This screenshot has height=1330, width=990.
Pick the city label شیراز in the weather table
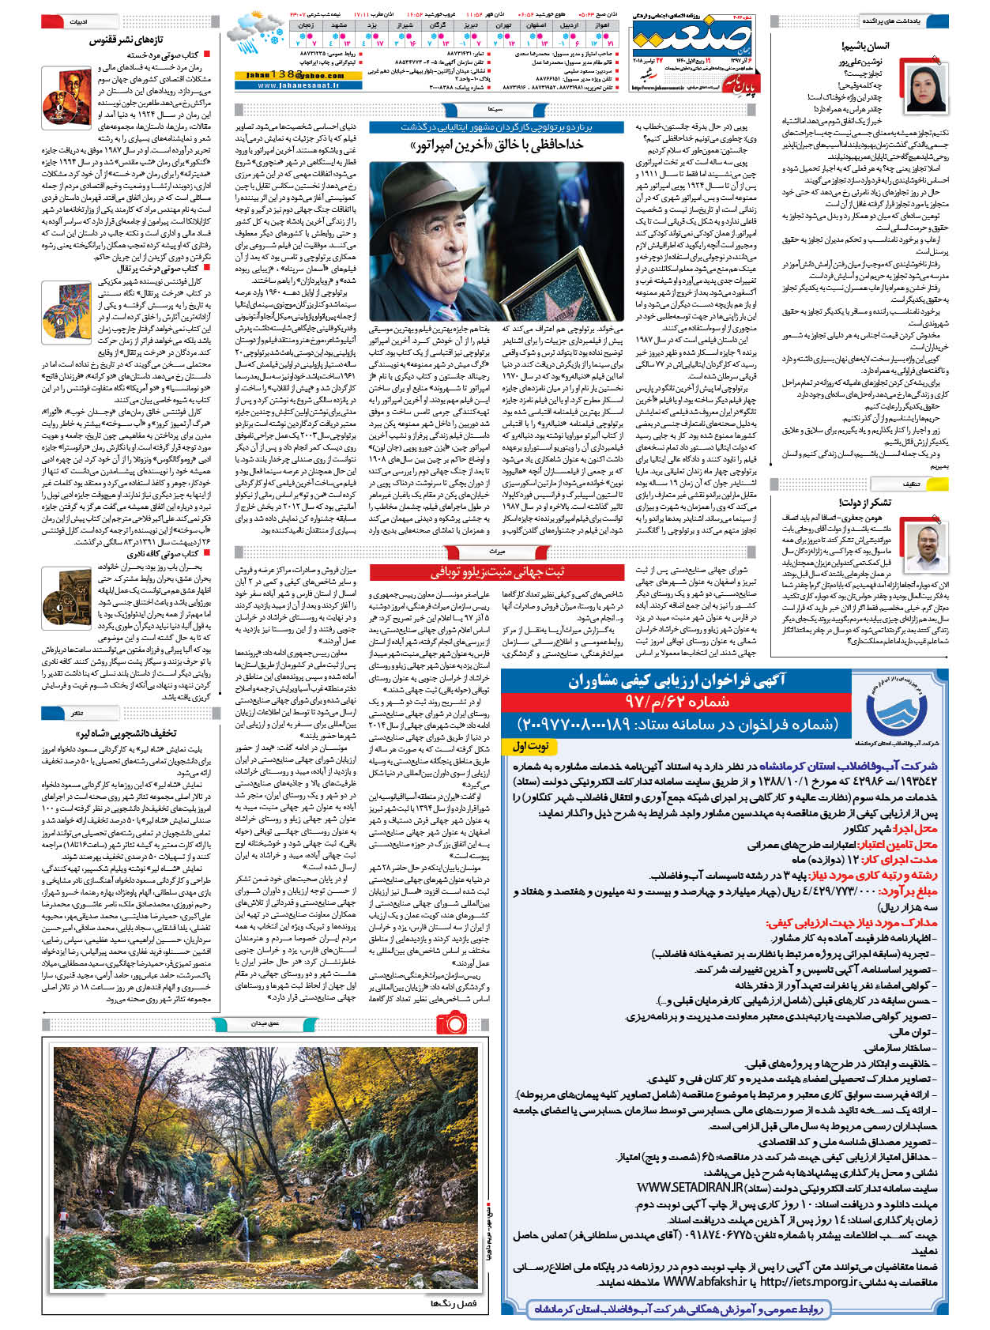405,25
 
